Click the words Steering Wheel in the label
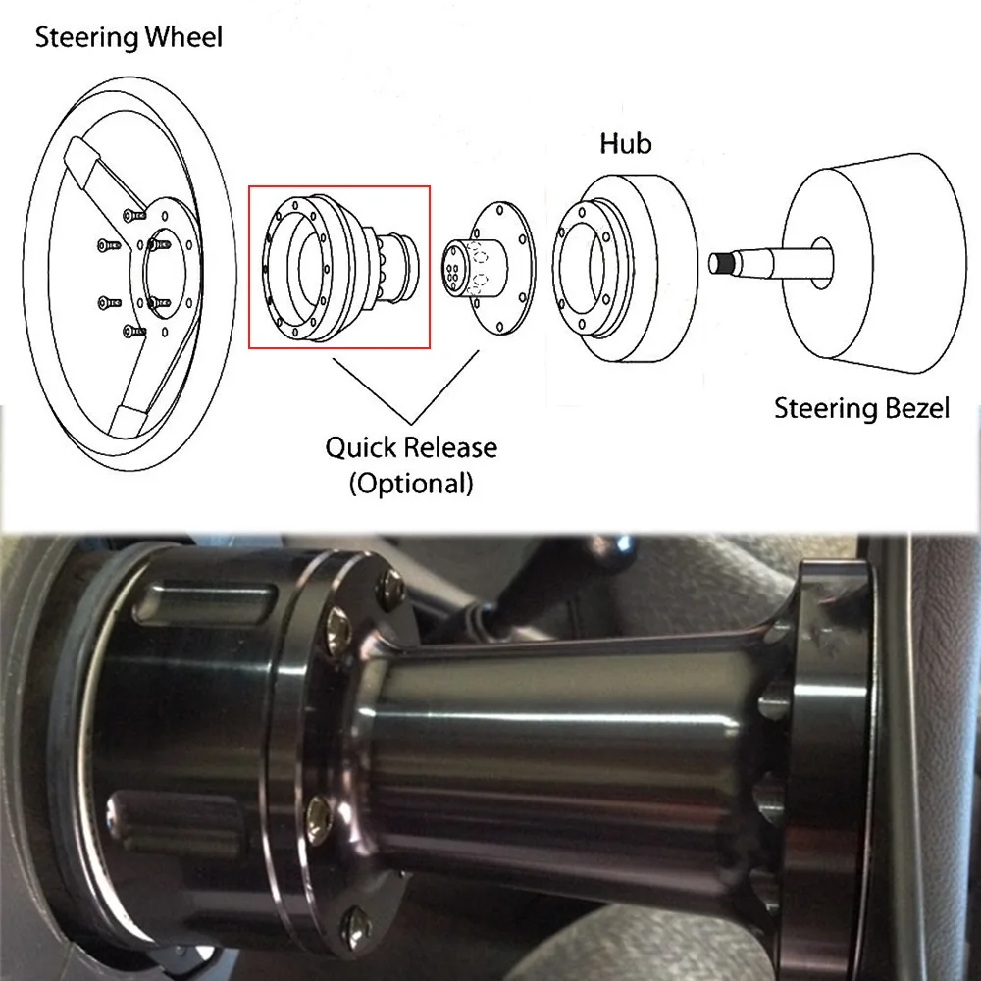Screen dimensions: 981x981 (x=129, y=39)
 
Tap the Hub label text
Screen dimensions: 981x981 (x=625, y=144)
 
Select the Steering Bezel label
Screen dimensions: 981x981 (x=861, y=408)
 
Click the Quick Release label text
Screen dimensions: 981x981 (x=411, y=448)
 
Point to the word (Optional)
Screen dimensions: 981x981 (x=411, y=483)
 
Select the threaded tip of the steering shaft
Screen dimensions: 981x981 (x=724, y=263)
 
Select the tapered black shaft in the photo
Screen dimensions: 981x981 (x=569, y=746)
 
